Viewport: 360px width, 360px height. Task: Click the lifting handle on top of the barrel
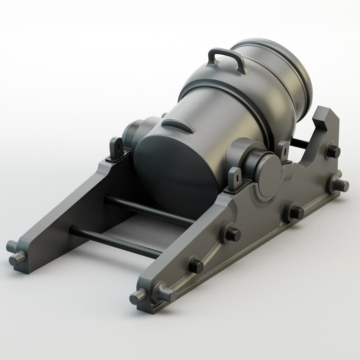tap(225, 58)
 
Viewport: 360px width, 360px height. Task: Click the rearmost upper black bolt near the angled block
tap(333, 150)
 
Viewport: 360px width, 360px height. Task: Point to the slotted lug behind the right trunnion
tap(284, 149)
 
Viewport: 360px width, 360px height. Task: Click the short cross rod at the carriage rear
tap(300, 143)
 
